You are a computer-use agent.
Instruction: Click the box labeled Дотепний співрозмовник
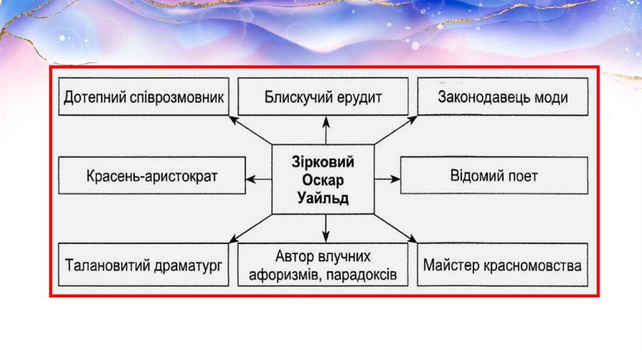click(144, 97)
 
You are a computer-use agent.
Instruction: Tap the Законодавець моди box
click(503, 97)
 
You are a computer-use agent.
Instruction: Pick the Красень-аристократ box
click(152, 176)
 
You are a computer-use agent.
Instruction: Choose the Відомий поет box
click(494, 176)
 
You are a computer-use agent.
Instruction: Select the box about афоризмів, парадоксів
click(323, 265)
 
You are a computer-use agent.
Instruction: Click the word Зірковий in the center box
click(323, 162)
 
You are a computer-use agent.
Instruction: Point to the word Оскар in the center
click(323, 180)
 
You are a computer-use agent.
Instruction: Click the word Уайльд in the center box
click(323, 198)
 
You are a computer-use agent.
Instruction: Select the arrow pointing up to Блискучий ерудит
click(325, 130)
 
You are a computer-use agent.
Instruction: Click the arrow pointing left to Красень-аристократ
click(258, 179)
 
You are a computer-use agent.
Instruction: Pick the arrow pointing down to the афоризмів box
click(325, 228)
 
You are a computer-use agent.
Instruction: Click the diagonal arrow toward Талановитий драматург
click(251, 228)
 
